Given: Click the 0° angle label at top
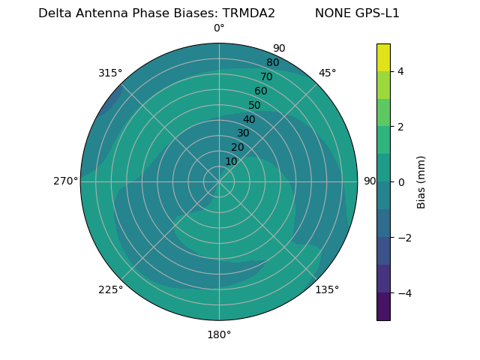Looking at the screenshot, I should point(219,28).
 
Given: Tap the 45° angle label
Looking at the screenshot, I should point(327,73).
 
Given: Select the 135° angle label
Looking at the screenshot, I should point(327,289).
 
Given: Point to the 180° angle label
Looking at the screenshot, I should point(219,334).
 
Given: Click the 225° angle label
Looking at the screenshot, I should point(110,289).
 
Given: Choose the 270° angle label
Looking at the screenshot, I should point(66,181).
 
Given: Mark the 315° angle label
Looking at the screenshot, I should point(110,73).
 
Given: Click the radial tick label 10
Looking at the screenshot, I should point(231,161).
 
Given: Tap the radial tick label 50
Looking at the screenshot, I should point(254,106).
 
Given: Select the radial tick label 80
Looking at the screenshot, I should point(272,63).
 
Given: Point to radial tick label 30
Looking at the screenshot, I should point(243,133).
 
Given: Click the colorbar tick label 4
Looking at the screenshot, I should point(400,71).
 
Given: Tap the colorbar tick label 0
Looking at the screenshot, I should point(400,182).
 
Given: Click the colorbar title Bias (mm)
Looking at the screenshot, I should point(421,182).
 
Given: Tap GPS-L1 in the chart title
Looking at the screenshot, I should point(378,13).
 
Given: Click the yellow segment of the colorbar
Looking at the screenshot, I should point(383,57).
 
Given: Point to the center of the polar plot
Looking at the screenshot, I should point(219,181).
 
